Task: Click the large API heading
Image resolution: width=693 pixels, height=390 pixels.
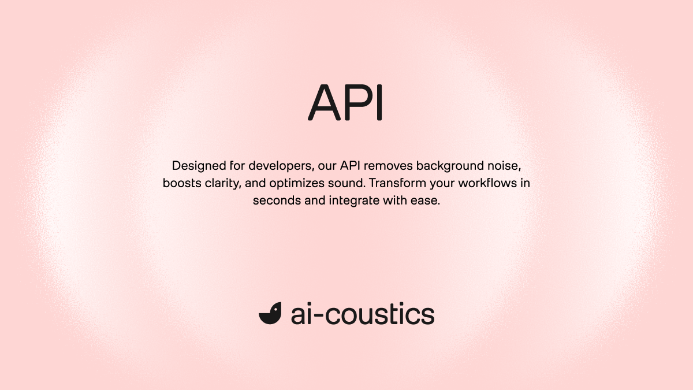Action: [346, 102]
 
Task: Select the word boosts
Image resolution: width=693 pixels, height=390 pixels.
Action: [180, 184]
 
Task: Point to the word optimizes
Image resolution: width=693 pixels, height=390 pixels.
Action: [297, 184]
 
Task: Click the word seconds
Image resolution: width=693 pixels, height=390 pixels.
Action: [274, 202]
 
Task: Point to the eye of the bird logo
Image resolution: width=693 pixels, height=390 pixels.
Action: [275, 309]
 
